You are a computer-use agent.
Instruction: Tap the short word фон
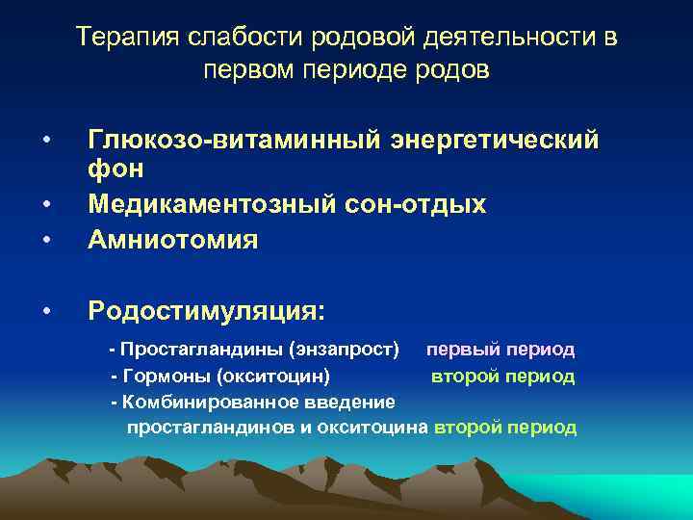coord(115,169)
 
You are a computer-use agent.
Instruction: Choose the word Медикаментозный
coord(222,204)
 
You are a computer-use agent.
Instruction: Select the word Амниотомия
coord(173,239)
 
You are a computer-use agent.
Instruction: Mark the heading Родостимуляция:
coord(207,310)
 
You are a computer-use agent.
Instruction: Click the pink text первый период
coord(500,349)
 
